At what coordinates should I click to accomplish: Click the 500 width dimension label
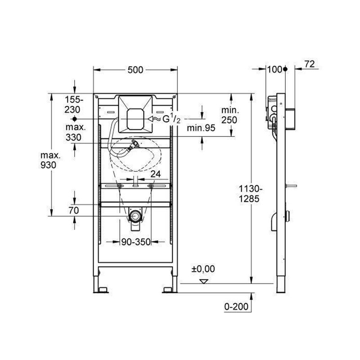point(135,70)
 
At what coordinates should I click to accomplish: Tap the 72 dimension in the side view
point(310,64)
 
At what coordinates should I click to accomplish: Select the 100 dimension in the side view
point(275,69)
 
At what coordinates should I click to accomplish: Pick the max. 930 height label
point(50,160)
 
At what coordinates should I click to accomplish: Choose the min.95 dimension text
point(201,128)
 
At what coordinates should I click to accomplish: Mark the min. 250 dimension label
point(230,115)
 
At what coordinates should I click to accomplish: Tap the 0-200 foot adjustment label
point(236,306)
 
